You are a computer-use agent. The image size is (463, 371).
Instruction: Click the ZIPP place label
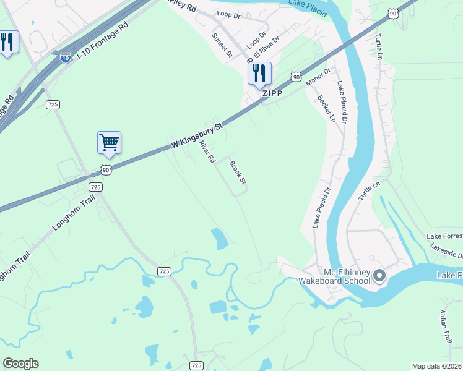pos(272,93)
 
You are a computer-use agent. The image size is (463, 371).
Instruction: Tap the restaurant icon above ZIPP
pos(259,73)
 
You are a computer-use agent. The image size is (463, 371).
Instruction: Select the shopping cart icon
pos(109,142)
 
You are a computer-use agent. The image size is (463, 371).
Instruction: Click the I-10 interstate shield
pos(65,58)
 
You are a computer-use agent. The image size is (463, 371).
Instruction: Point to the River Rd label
pos(207,151)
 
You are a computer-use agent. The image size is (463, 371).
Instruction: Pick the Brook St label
pos(238,173)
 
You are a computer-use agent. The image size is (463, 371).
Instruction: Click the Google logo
pos(20,364)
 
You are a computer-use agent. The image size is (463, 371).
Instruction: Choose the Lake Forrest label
pos(444,236)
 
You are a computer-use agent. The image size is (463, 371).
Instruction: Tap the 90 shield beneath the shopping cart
pos(106,169)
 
